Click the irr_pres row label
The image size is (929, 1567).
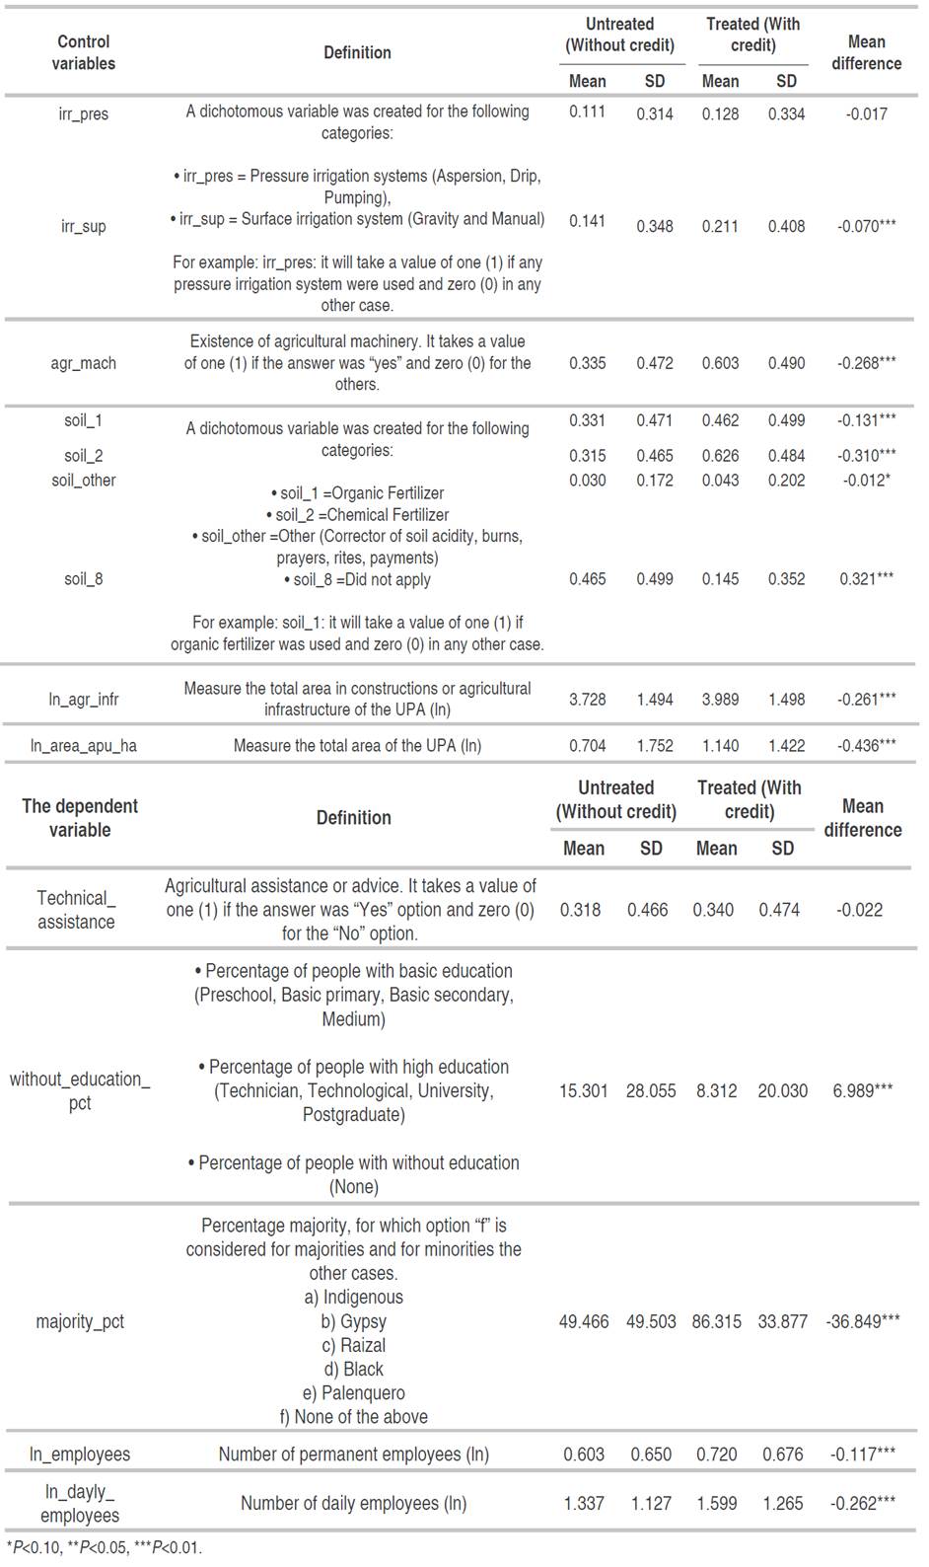click(84, 114)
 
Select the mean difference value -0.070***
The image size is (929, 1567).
click(867, 226)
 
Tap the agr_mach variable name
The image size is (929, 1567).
click(84, 363)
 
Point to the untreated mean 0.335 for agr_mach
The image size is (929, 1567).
click(587, 363)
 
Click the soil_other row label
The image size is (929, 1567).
click(84, 481)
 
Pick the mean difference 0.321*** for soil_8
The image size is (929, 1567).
click(867, 579)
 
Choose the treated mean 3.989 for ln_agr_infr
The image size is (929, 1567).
click(720, 700)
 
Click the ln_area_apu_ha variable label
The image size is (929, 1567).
click(84, 746)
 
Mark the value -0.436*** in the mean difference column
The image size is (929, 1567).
click(867, 746)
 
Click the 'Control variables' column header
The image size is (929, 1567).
click(84, 52)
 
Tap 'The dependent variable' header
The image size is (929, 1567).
click(80, 818)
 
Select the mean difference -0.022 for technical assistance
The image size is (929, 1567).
click(860, 910)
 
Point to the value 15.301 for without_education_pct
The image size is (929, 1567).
click(584, 1091)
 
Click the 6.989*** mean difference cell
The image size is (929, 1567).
click(863, 1091)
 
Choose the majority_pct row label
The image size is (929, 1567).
click(80, 1321)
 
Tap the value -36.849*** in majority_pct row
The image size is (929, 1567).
click(863, 1321)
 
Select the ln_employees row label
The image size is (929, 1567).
click(80, 1455)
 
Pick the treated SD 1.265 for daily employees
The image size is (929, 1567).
click(783, 1504)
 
